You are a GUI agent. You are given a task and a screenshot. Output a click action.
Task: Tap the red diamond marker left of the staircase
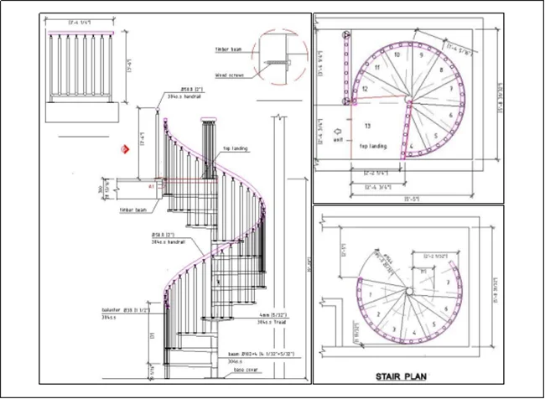(123, 149)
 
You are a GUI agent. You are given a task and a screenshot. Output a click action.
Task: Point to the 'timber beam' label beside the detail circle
(228, 49)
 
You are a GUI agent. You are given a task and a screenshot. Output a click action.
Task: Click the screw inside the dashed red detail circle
(277, 62)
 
